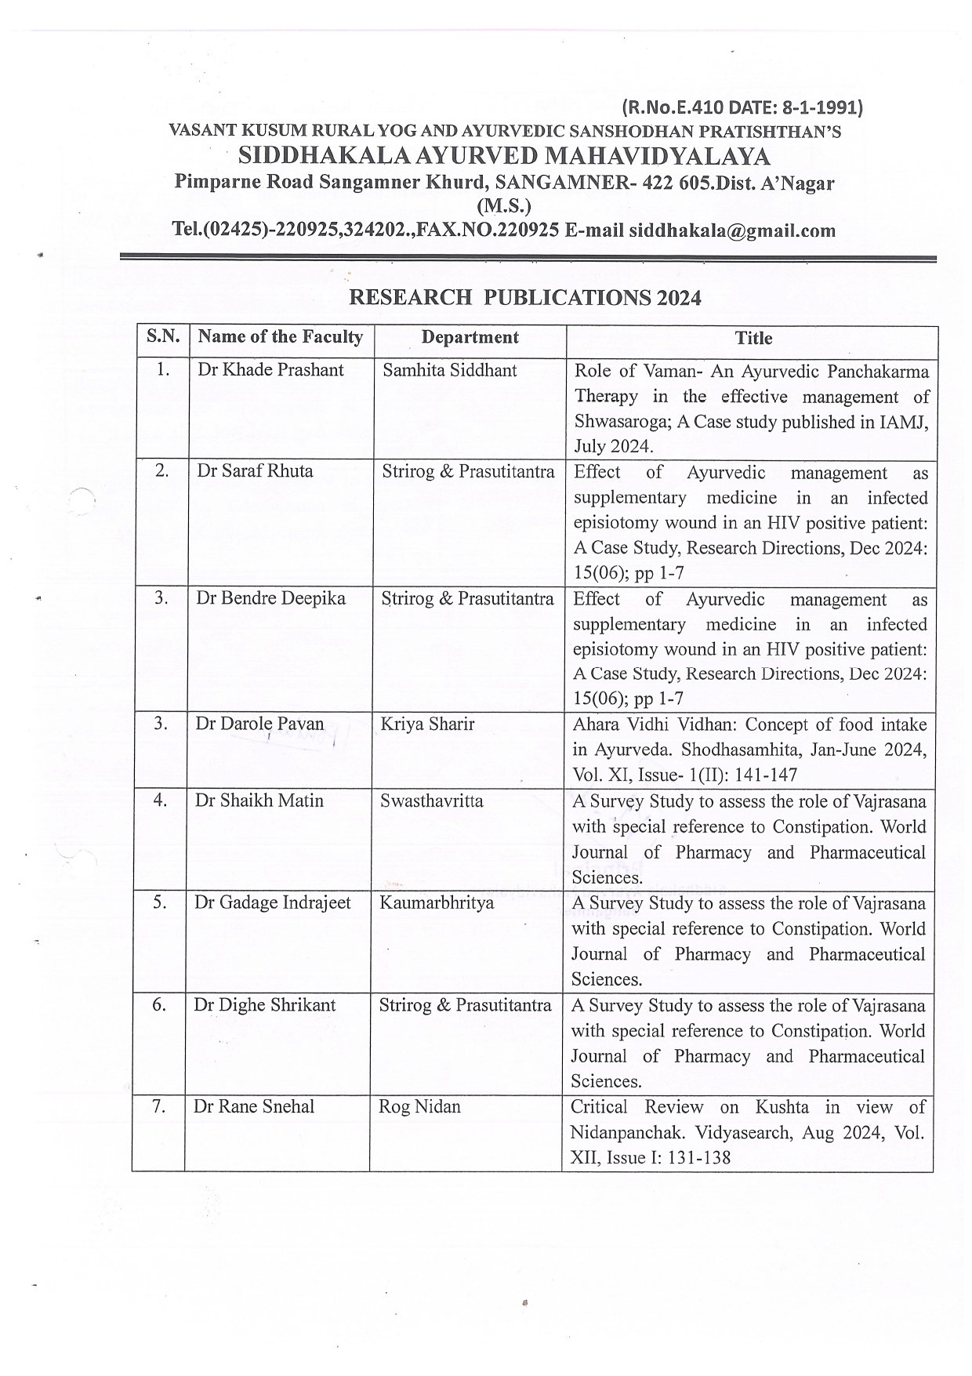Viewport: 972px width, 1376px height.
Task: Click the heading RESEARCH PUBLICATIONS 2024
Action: [524, 298]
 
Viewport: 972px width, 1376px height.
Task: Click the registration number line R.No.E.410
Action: [742, 107]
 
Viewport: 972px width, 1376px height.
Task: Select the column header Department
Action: [470, 338]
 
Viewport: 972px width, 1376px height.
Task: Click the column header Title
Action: [753, 338]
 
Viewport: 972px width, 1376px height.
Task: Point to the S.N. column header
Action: [163, 337]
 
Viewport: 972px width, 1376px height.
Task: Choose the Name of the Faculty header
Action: [281, 337]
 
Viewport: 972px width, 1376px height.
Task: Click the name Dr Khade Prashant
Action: [270, 370]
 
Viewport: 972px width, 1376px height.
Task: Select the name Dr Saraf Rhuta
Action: [255, 471]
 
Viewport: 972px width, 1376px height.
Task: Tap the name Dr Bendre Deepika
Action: [270, 598]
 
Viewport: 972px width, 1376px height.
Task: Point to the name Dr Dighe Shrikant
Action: [265, 1005]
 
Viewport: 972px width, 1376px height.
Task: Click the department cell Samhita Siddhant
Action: [449, 370]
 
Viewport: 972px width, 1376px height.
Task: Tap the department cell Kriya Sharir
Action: [427, 724]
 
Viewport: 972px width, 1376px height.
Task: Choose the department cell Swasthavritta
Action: [431, 801]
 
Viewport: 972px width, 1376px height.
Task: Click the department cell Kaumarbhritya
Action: [437, 902]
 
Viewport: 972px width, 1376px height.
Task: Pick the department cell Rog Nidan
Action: [419, 1107]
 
